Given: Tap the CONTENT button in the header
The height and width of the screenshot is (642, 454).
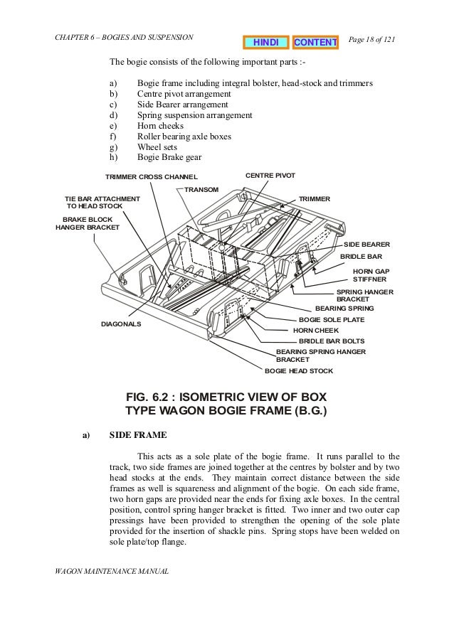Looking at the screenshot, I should click(315, 43).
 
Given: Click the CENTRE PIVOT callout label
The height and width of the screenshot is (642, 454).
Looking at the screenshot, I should click(270, 174).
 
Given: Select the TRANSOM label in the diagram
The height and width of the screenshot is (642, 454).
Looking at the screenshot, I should click(201, 188).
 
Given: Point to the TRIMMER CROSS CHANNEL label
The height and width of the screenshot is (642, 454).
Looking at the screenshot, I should click(152, 176).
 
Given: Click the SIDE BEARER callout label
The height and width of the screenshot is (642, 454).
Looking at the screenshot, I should click(366, 244).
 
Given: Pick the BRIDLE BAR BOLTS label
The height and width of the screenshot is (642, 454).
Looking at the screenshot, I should click(331, 341).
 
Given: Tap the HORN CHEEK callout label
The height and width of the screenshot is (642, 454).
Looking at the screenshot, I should click(316, 331).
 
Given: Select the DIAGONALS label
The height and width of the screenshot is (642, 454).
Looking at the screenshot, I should click(121, 323).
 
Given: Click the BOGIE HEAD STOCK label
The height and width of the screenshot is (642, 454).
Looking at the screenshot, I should click(298, 371).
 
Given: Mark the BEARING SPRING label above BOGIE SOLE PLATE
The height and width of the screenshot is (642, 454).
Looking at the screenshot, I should click(344, 309).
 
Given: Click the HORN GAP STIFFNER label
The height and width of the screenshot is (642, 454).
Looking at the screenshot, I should click(371, 275).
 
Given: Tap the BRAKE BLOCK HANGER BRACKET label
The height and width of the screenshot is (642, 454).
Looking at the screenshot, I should click(88, 223).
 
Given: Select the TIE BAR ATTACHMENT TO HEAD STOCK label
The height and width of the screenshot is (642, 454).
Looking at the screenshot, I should click(102, 202).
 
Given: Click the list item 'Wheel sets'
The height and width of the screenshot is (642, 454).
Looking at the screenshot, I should click(157, 146).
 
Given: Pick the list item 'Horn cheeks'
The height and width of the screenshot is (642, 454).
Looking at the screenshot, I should click(162, 125).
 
